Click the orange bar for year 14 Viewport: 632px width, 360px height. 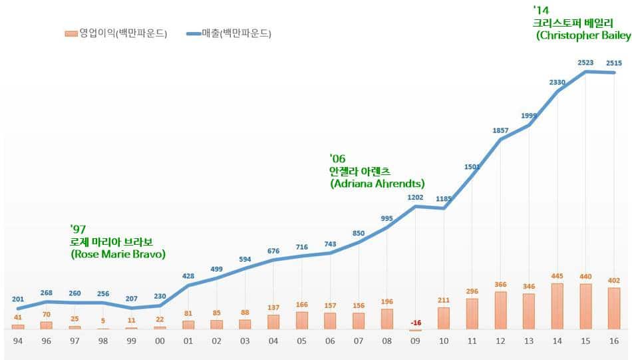pyautogui.click(x=557, y=306)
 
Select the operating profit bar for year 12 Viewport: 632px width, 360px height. pyautogui.click(x=500, y=310)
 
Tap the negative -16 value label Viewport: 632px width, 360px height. pyautogui.click(x=415, y=323)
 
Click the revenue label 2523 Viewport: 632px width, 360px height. pyautogui.click(x=585, y=62)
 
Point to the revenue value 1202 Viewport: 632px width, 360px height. pyautogui.click(x=415, y=198)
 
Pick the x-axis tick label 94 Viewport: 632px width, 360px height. pyautogui.click(x=18, y=340)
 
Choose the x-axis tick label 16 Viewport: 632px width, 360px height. pyautogui.click(x=613, y=340)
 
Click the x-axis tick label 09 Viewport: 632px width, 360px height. pyautogui.click(x=415, y=340)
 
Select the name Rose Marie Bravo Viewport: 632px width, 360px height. pyautogui.click(x=118, y=254)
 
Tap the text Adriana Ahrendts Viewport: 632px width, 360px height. pyautogui.click(x=377, y=183)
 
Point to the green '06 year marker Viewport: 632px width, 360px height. pyautogui.click(x=338, y=158)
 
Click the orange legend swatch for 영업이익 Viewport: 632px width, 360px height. pyautogui.click(x=71, y=33)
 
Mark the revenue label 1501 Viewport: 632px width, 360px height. pyautogui.click(x=472, y=166)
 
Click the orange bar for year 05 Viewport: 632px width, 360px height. pyautogui.click(x=302, y=320)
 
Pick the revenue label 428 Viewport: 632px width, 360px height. pyautogui.click(x=188, y=276)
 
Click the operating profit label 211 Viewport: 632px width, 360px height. pyautogui.click(x=443, y=299)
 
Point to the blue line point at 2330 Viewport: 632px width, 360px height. pyautogui.click(x=557, y=91)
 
